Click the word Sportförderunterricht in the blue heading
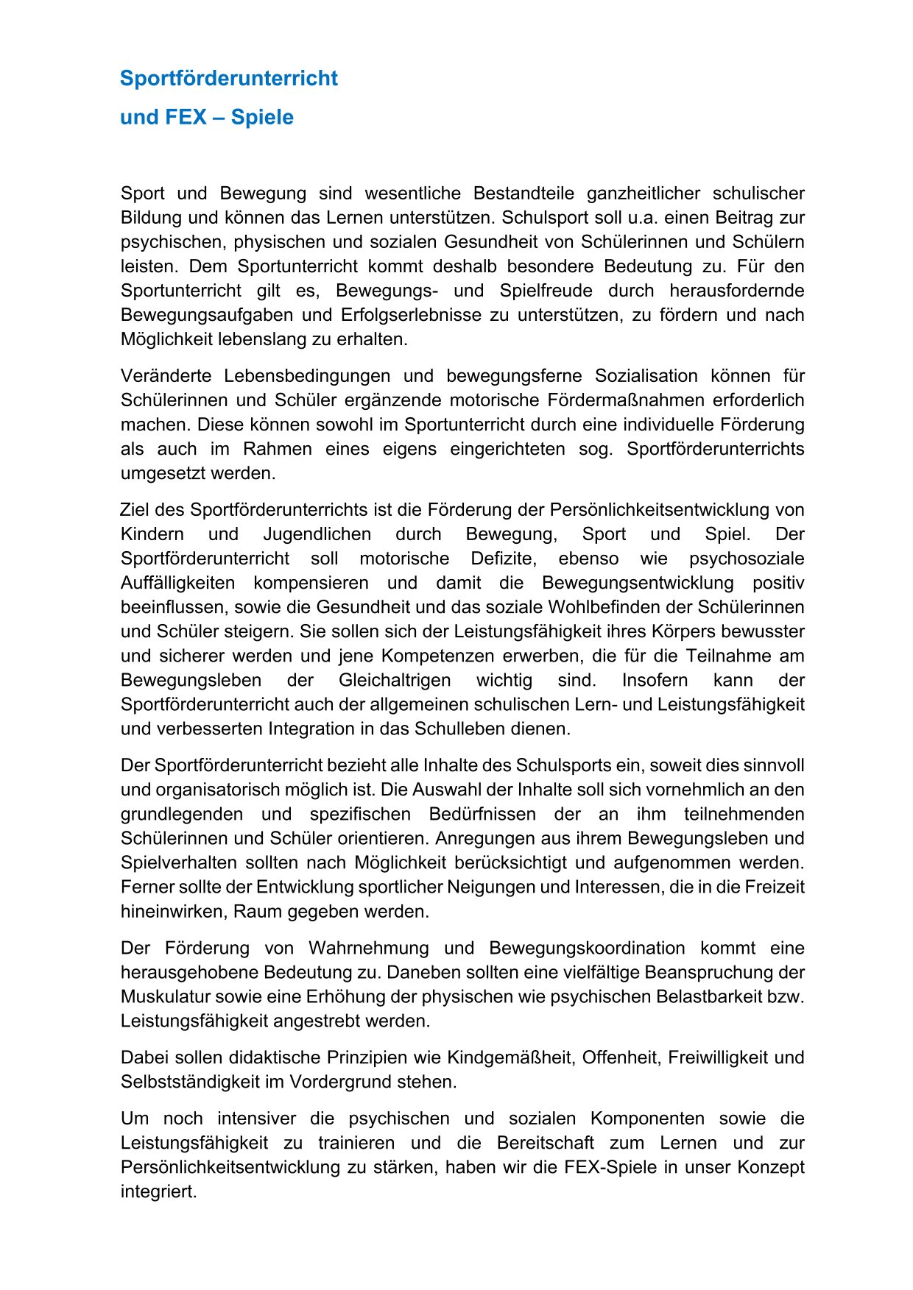click(228, 79)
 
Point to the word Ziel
click(135, 510)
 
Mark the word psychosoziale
click(747, 559)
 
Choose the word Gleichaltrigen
click(395, 680)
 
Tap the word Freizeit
click(775, 887)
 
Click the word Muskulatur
click(166, 996)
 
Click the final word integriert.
click(158, 1191)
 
